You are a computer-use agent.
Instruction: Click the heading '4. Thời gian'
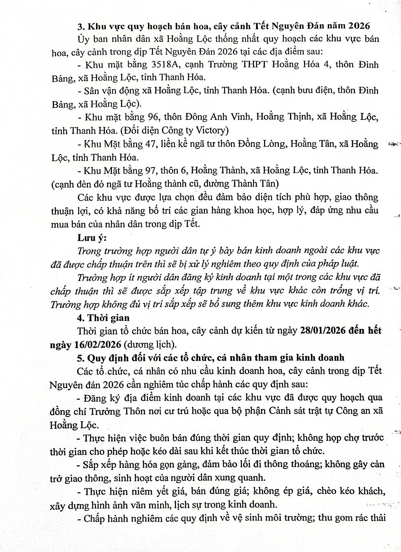coord(103,318)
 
